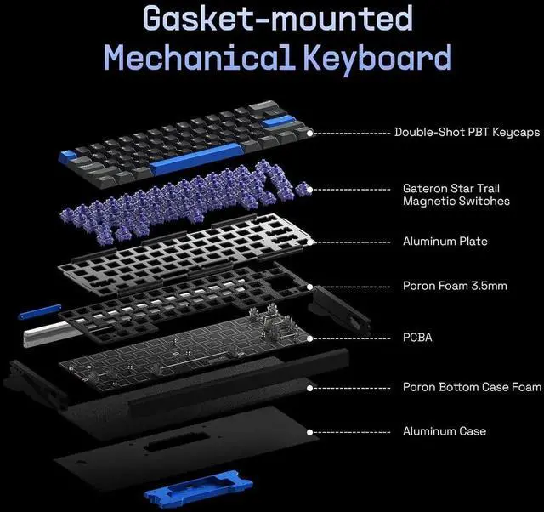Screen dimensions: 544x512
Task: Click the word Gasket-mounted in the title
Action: [277, 19]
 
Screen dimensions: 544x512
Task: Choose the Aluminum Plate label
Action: [445, 242]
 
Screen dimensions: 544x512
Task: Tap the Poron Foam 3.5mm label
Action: [454, 286]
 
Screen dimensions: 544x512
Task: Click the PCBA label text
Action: [417, 338]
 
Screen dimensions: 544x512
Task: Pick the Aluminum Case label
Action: [444, 431]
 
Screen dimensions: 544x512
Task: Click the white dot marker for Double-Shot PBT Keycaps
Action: [311, 133]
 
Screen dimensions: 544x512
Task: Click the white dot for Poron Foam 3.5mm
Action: [313, 286]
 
